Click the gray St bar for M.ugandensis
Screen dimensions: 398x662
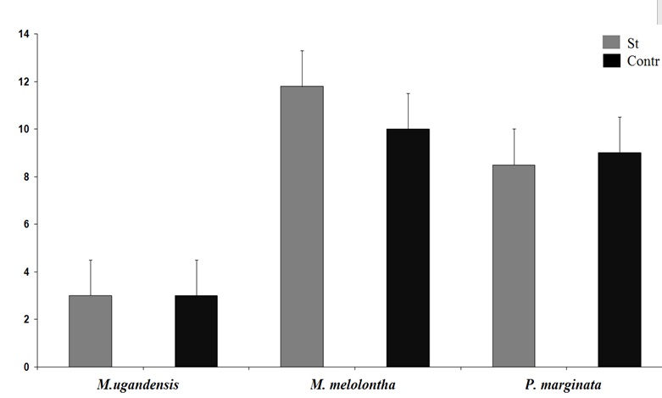click(x=90, y=331)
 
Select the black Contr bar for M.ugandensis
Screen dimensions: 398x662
click(x=196, y=331)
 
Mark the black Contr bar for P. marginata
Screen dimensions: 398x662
click(x=620, y=260)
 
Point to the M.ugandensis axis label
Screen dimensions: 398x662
click(x=138, y=385)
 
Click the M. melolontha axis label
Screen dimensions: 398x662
click(x=353, y=385)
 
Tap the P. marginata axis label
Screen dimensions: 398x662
click(x=563, y=385)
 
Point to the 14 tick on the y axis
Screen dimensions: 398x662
click(x=23, y=34)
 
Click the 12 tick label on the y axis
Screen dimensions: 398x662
click(x=23, y=81)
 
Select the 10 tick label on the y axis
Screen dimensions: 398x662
click(x=23, y=129)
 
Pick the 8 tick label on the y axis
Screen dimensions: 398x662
click(x=25, y=177)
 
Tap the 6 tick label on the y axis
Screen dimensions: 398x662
click(x=25, y=224)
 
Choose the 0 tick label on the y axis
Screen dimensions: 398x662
click(x=25, y=367)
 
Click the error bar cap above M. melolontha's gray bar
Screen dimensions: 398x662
click(x=302, y=51)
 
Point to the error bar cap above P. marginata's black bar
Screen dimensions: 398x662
click(x=620, y=117)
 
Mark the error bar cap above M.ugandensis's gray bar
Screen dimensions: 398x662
click(x=90, y=260)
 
